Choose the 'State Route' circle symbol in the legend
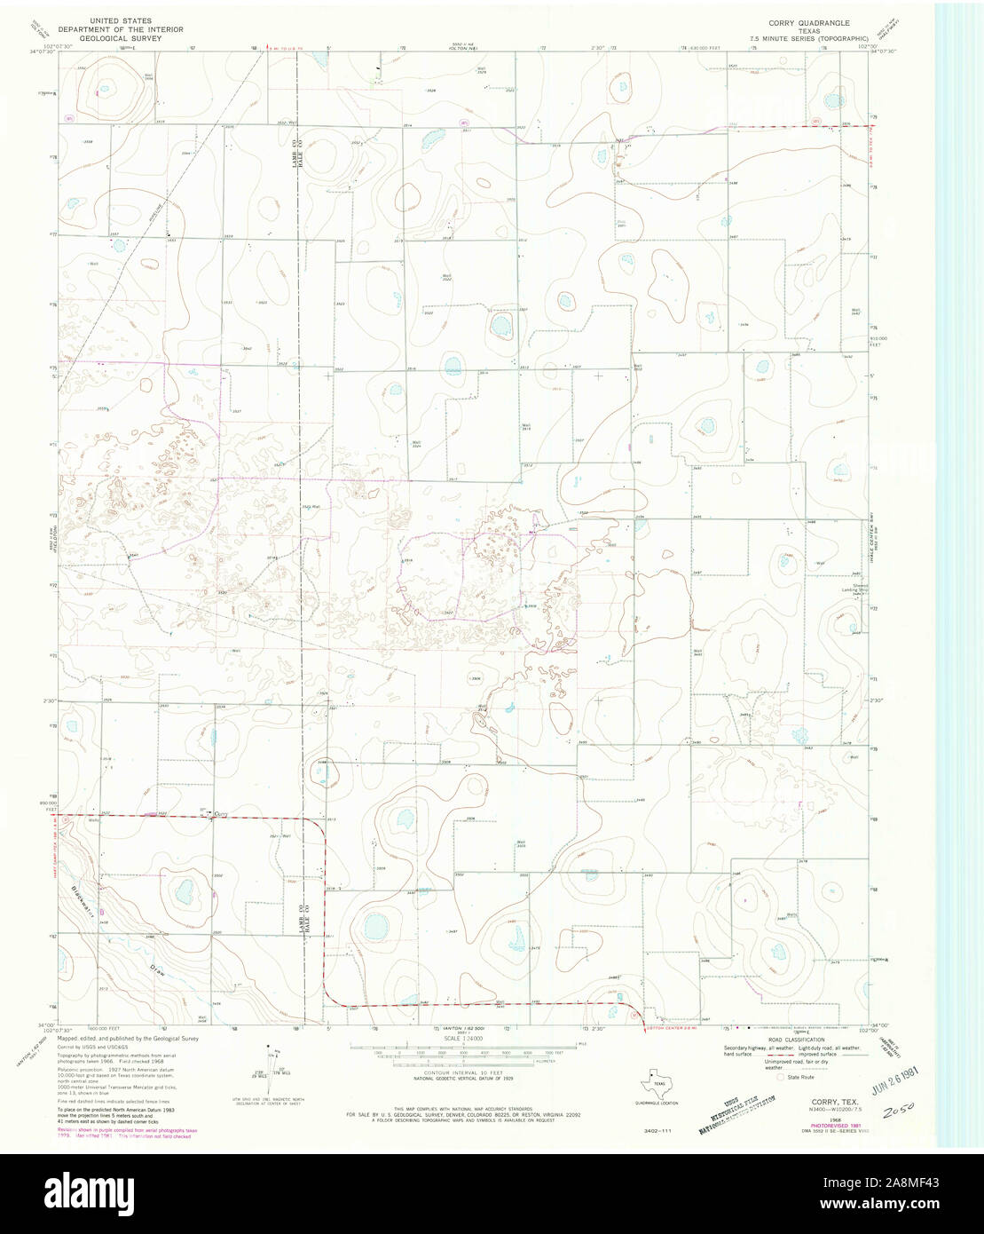point(781,1077)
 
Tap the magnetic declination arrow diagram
point(271,1065)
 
